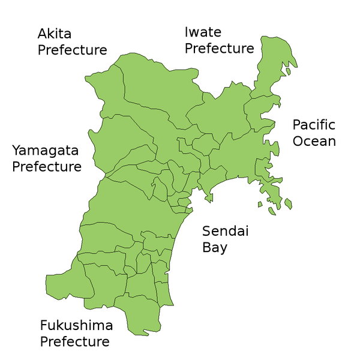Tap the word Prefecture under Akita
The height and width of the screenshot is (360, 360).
[72, 50]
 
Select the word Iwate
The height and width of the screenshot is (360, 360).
[203, 32]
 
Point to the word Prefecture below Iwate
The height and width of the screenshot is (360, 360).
[219, 49]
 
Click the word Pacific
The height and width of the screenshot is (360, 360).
[314, 125]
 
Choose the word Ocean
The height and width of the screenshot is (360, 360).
[314, 142]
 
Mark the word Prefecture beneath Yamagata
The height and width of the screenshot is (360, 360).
[46, 167]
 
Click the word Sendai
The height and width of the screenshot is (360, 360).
[225, 231]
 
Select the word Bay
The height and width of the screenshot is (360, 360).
[215, 247]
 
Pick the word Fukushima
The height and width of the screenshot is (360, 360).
[76, 326]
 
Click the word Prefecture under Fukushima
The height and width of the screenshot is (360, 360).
[74, 342]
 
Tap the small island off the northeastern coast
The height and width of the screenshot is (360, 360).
[288, 71]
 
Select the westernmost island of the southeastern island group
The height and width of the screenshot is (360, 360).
[260, 205]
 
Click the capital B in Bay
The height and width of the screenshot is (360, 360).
[206, 247]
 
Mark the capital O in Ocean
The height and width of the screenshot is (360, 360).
[298, 142]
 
